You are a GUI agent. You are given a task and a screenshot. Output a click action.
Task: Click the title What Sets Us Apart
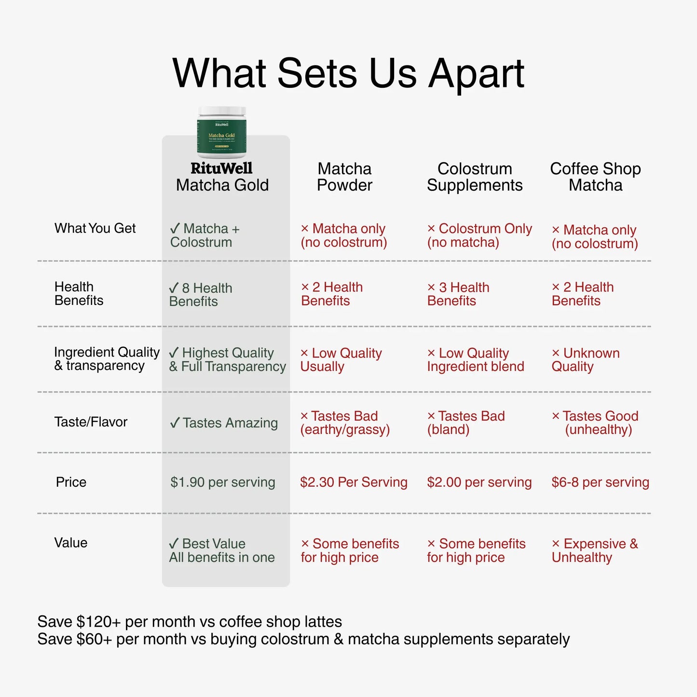point(348,74)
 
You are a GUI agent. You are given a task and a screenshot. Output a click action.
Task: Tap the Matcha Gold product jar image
point(222,132)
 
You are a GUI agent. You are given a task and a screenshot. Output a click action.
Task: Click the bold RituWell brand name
point(221,168)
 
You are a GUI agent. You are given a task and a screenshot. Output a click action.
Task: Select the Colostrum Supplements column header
point(475,177)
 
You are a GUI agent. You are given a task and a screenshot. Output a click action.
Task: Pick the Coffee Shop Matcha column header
point(595,177)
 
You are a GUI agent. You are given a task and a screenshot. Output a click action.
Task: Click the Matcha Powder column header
point(344,177)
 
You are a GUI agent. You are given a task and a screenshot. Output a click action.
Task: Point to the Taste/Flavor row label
point(91,422)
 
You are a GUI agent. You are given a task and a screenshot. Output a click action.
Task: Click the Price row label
point(71,482)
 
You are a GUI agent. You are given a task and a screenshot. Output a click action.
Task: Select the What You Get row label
point(95,228)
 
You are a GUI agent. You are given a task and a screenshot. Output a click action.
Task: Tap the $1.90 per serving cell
point(223,482)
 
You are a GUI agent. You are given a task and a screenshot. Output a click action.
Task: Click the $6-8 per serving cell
point(601,482)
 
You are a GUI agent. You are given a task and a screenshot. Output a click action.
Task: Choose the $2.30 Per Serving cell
point(354,482)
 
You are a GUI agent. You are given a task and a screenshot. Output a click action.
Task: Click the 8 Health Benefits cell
point(201,294)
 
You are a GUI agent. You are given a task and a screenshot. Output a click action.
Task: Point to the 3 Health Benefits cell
point(458,294)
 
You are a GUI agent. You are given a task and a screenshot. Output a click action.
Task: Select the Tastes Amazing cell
point(224,423)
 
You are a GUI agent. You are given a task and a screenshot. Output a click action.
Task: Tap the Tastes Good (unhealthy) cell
point(595,423)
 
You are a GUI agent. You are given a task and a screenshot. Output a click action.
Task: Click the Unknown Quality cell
point(586,359)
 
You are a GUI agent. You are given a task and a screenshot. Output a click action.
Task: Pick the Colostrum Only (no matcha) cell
point(479,235)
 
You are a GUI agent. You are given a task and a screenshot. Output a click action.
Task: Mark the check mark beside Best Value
point(174,543)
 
